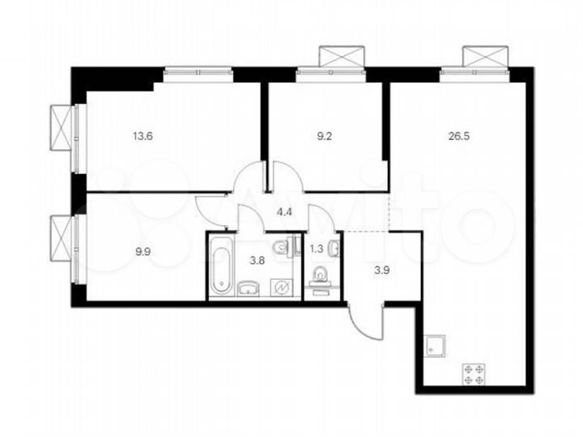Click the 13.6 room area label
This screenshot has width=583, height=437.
click(142, 137)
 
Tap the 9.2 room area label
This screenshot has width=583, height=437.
click(324, 137)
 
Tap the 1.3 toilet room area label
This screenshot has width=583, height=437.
click(317, 239)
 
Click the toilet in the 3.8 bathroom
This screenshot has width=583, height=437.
click(279, 247)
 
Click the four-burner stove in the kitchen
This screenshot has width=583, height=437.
click(474, 375)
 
